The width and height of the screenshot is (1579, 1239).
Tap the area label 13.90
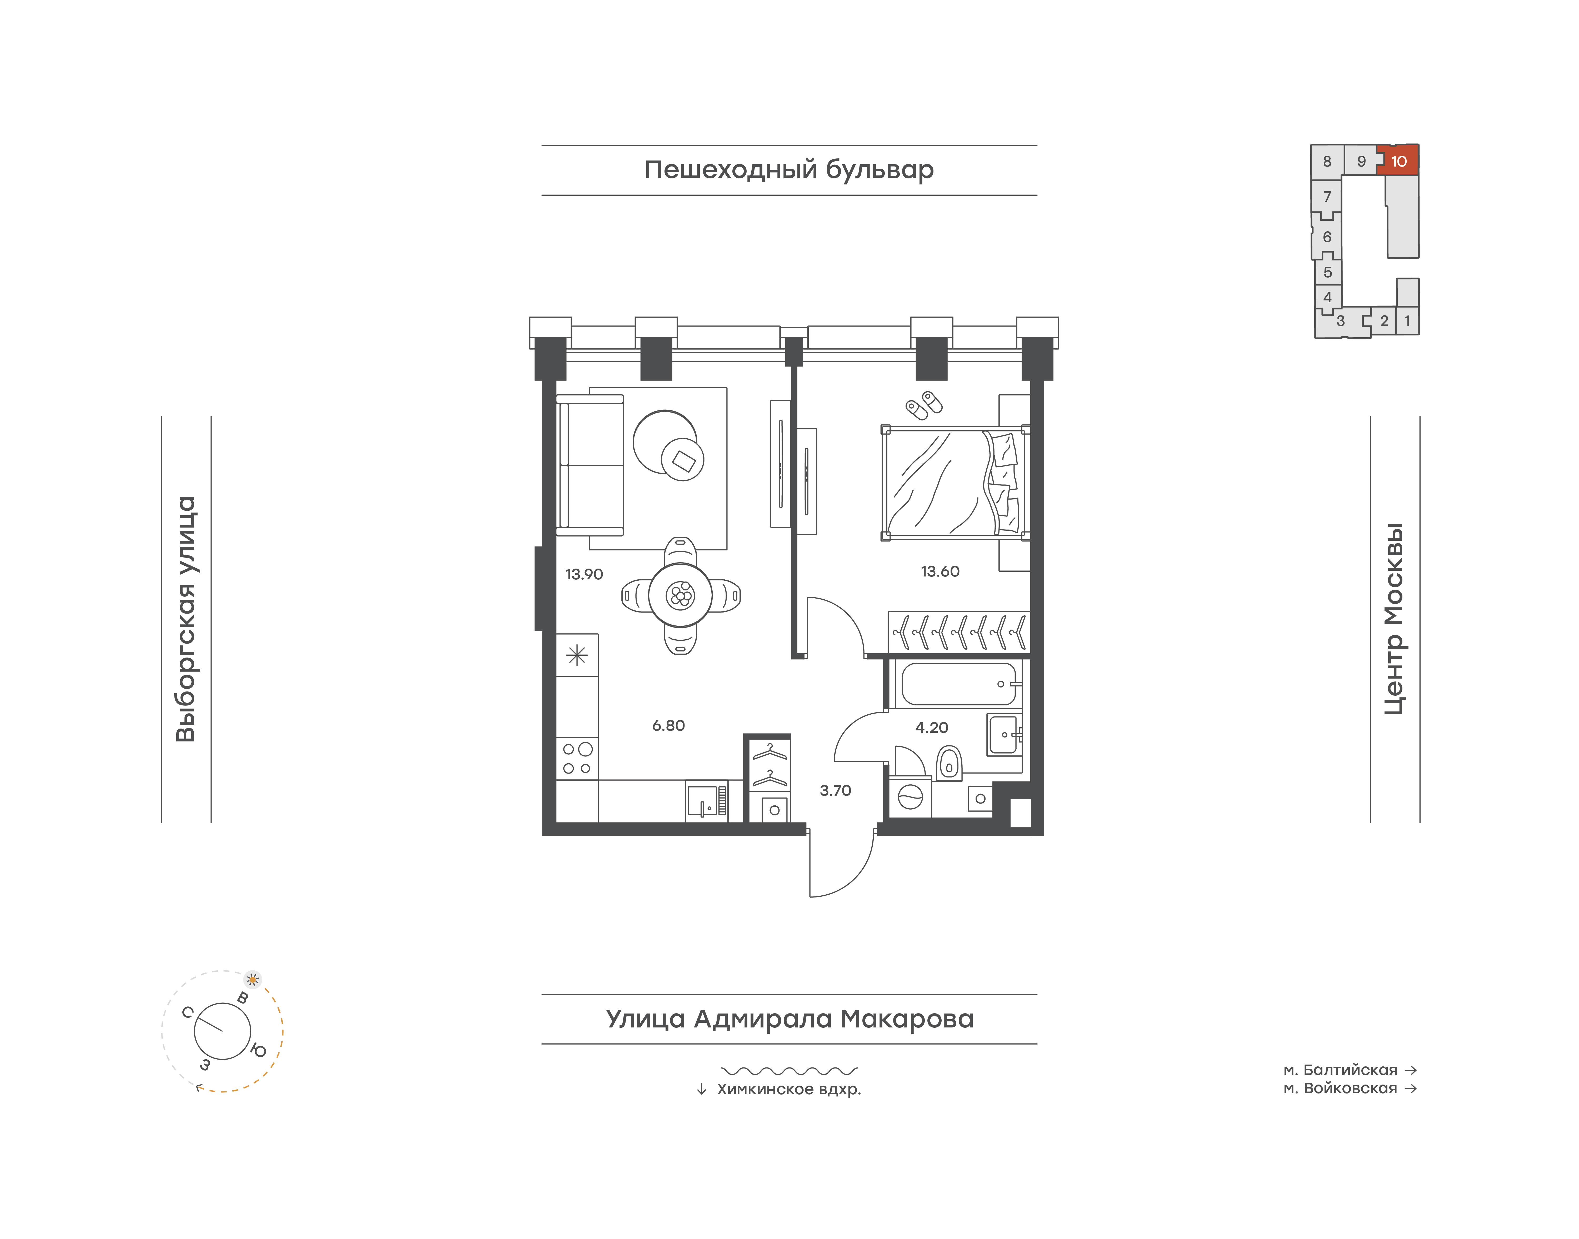coord(584,575)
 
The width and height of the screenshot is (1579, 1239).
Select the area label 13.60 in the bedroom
coord(940,572)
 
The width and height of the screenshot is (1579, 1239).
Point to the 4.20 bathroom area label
coord(932,728)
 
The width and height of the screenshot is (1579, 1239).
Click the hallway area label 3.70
coord(835,791)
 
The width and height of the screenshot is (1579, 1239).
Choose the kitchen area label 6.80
coord(668,725)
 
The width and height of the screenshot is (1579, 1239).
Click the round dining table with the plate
coord(681,596)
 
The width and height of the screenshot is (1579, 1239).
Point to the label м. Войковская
coord(1340,1088)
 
